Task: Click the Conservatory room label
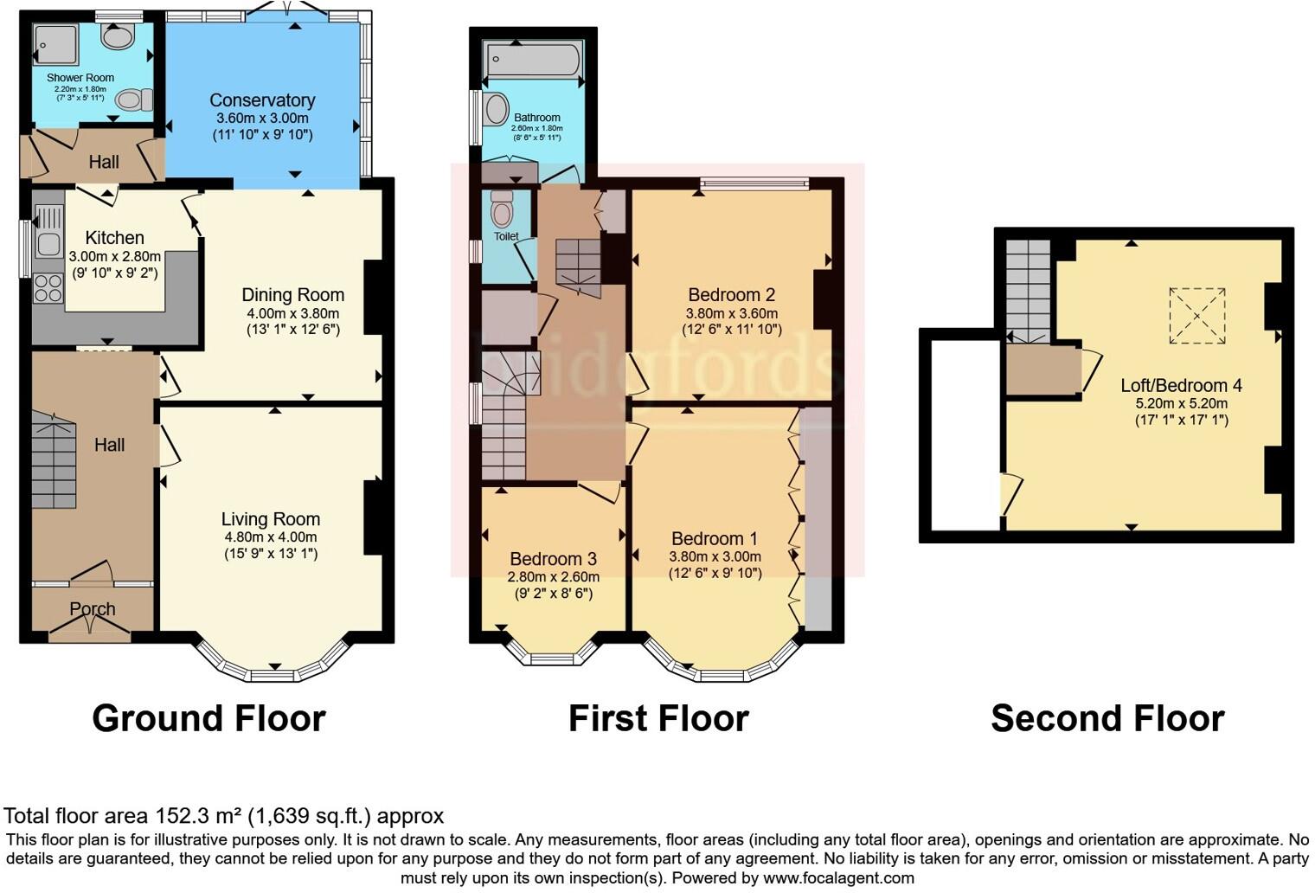[262, 100]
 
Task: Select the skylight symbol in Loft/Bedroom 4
[1197, 316]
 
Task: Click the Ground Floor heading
[208, 718]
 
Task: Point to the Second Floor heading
[1107, 718]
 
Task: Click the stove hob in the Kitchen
[48, 288]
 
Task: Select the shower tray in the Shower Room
[55, 44]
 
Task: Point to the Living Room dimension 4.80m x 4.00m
[271, 536]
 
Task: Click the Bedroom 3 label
[553, 559]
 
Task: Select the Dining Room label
[292, 295]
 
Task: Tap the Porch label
[93, 609]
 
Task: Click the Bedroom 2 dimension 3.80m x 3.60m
[731, 313]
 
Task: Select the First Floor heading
[657, 718]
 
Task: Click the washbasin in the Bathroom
[497, 110]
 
